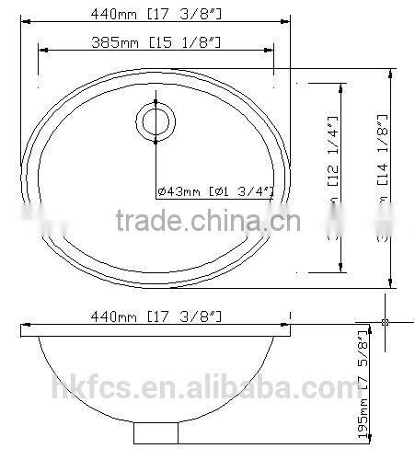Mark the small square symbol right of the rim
click(x=386, y=322)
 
